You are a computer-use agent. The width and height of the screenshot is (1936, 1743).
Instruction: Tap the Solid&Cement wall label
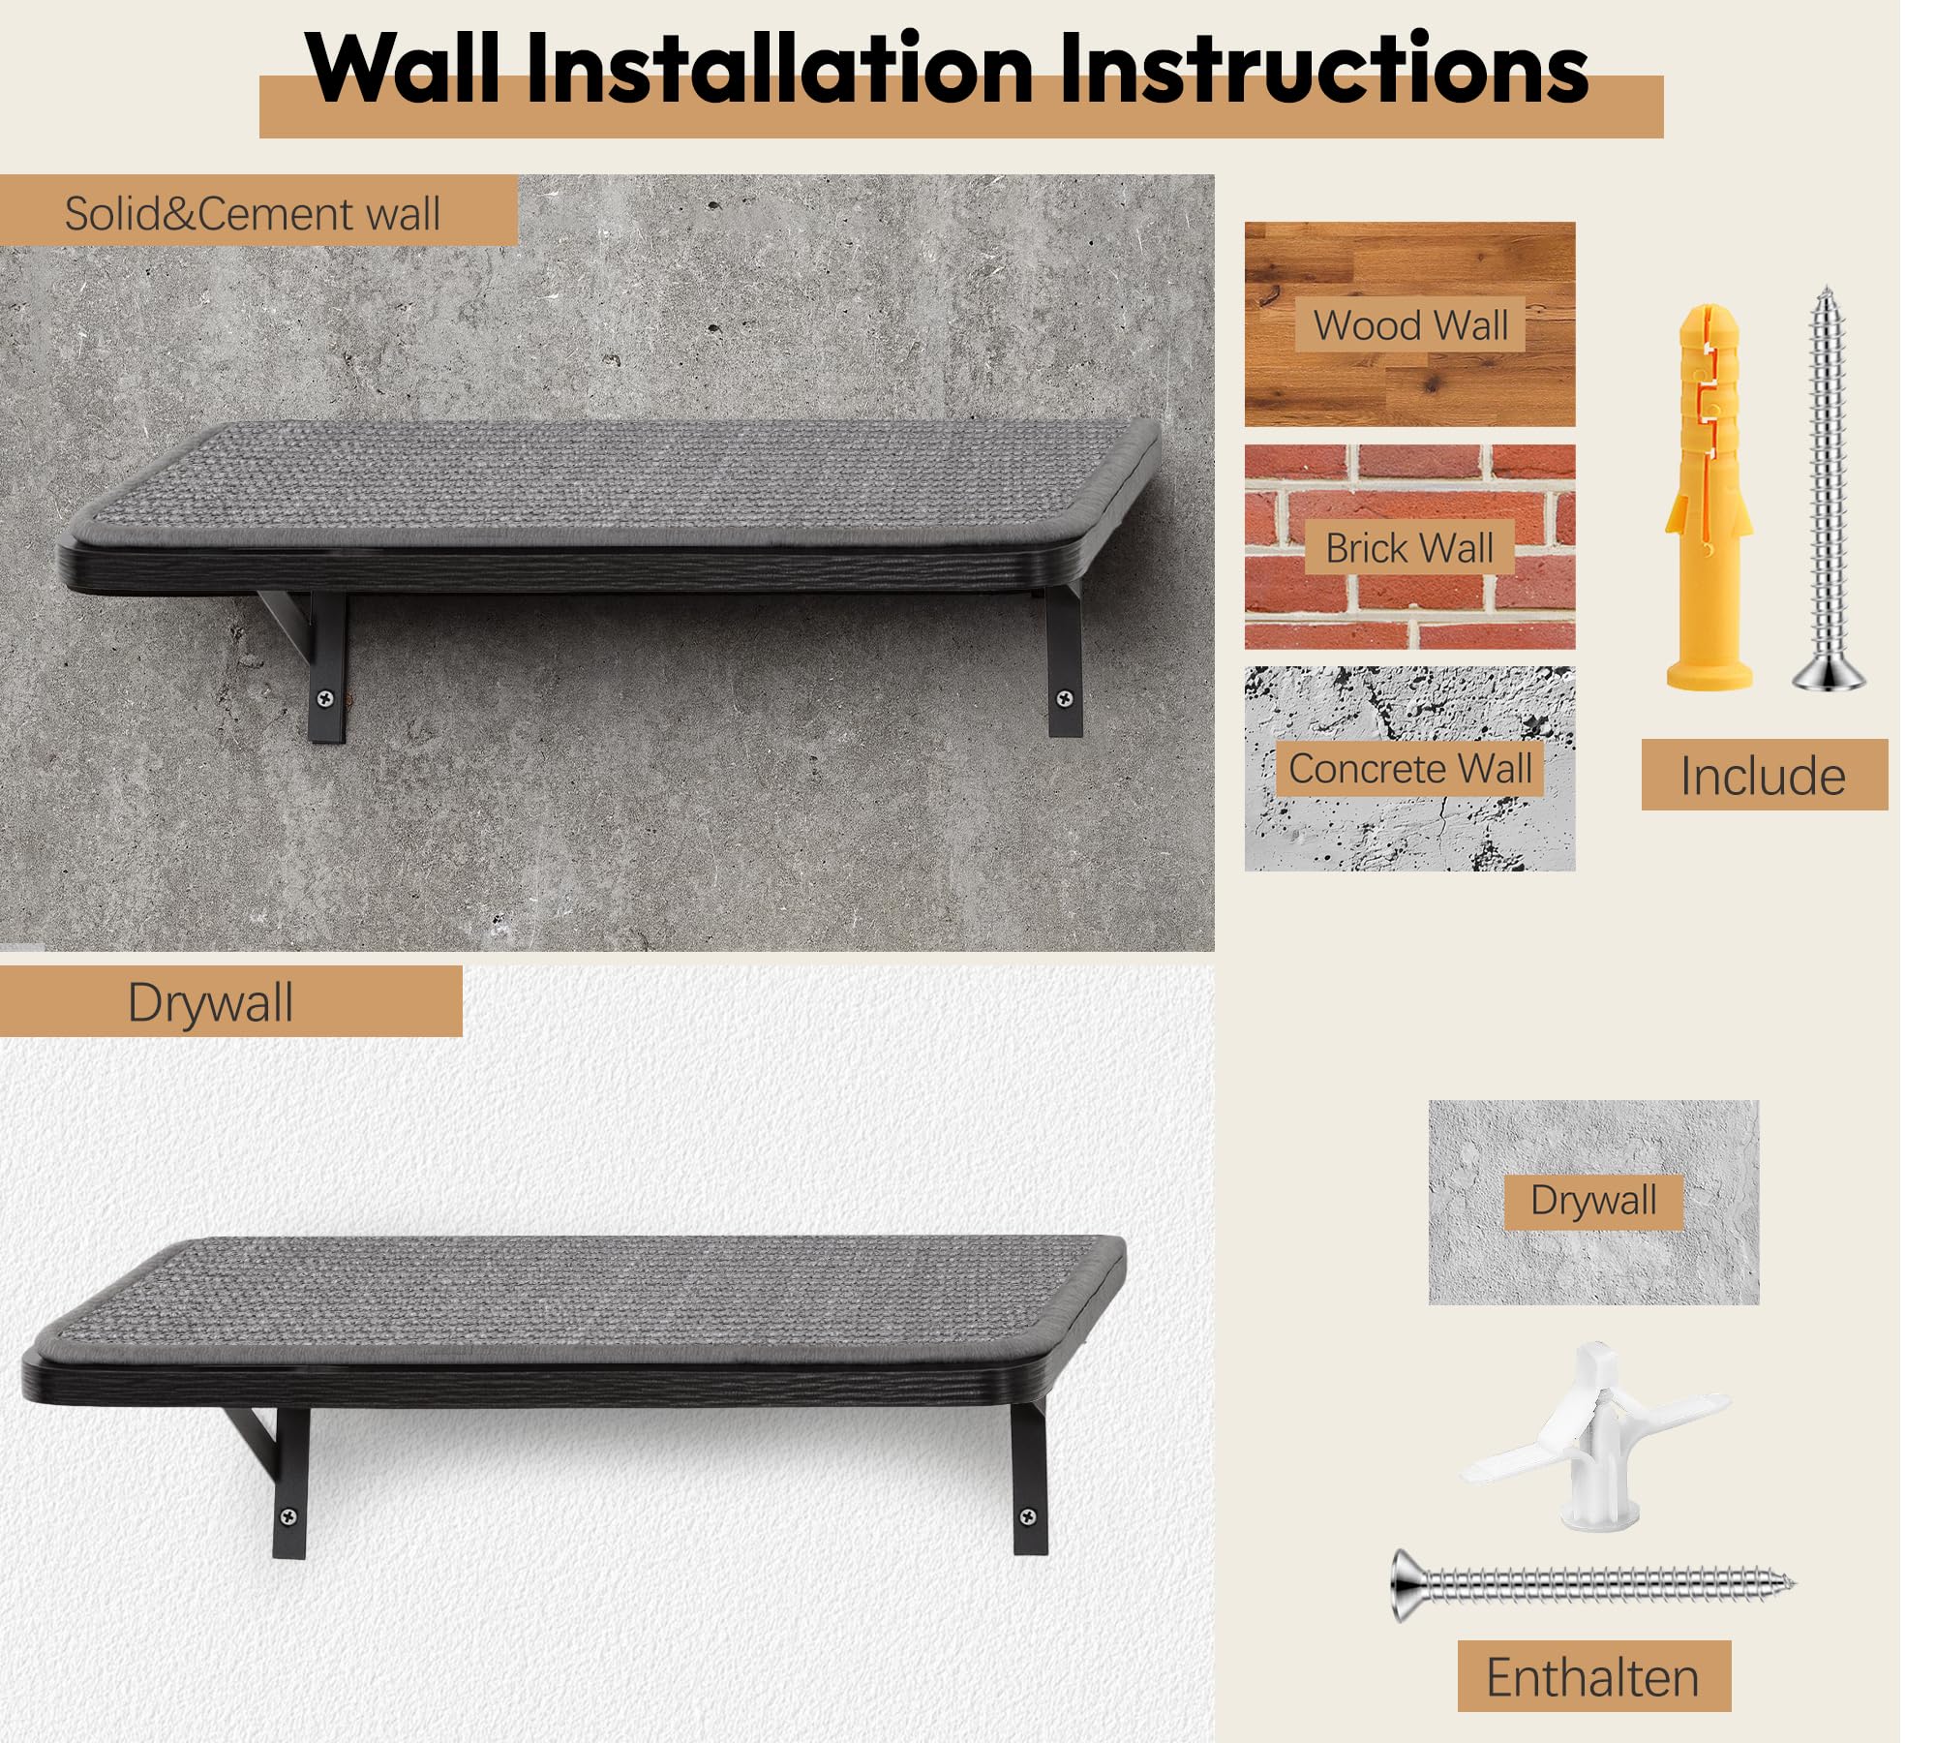click(253, 213)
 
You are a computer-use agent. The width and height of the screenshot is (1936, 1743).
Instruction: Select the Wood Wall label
click(1410, 324)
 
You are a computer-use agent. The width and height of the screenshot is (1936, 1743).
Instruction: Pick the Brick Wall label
click(1409, 548)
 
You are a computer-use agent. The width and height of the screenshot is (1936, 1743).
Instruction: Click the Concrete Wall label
click(1410, 769)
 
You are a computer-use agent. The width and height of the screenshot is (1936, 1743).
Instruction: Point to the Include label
click(1764, 776)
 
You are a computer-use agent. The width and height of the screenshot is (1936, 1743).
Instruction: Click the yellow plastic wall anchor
click(1709, 498)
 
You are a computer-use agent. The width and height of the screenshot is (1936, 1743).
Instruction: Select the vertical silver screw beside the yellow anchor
click(1828, 488)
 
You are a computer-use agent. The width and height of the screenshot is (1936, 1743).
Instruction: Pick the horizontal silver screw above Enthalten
click(1593, 1585)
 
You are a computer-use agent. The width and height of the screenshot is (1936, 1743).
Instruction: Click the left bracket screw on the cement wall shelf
click(326, 697)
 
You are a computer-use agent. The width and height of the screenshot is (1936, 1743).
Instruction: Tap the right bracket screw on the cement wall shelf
click(1065, 697)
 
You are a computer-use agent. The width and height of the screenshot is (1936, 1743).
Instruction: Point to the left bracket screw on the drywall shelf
click(288, 1516)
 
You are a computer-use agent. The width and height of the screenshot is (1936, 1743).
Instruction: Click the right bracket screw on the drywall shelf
click(1028, 1516)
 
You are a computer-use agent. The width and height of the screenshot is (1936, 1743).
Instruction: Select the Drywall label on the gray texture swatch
click(1593, 1200)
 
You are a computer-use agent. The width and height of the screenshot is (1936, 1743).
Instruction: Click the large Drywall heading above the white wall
click(210, 1002)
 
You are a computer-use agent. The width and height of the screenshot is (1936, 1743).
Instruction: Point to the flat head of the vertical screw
click(1828, 676)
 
